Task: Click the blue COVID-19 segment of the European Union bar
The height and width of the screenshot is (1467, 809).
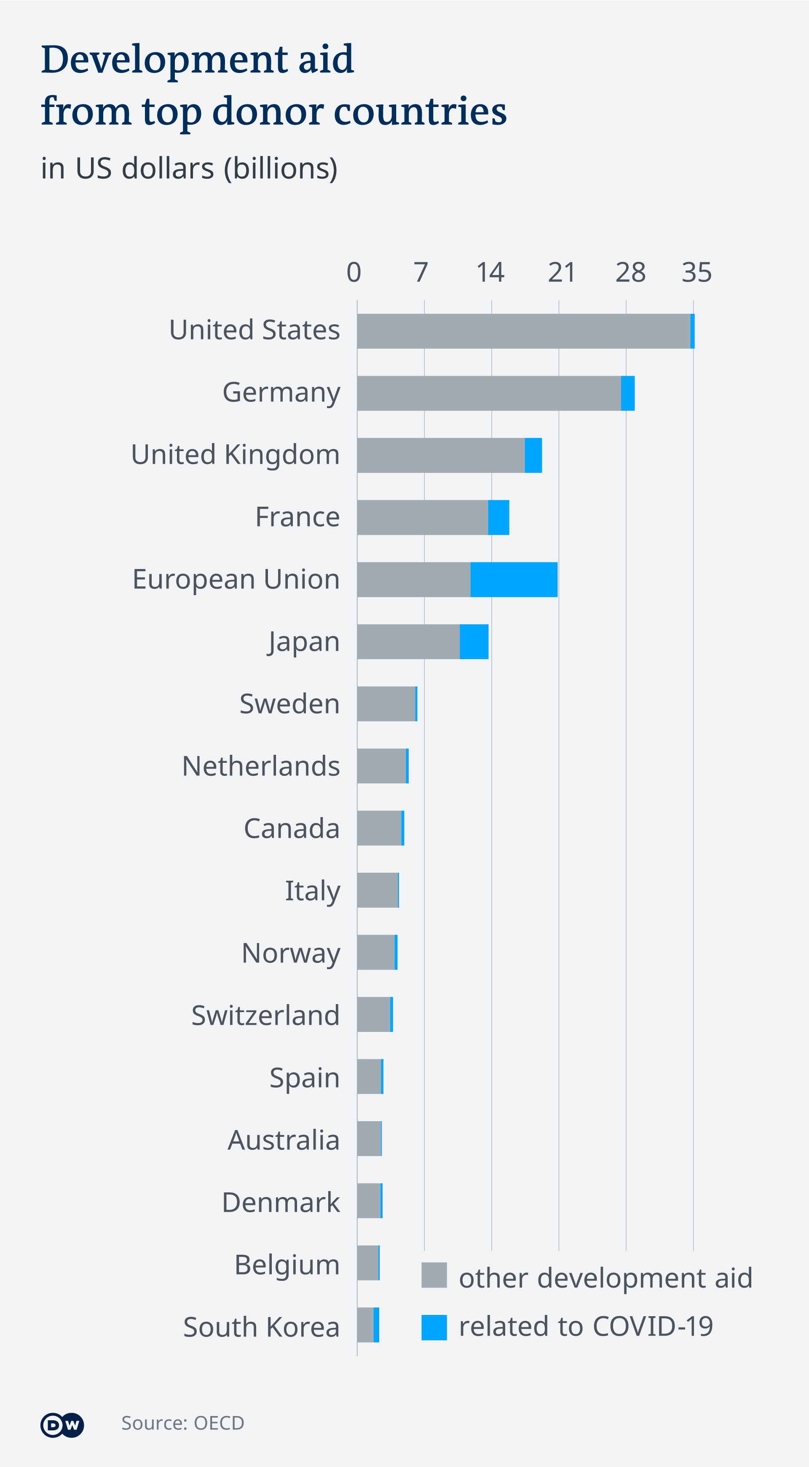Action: pos(514,580)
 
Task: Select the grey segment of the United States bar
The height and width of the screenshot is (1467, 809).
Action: pos(523,331)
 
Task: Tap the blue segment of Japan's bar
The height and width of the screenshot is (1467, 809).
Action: pos(474,642)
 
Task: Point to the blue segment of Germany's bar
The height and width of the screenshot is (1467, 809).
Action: pos(627,393)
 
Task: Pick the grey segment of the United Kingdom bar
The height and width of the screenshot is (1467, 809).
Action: pos(440,455)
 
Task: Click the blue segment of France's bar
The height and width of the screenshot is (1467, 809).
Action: pos(498,517)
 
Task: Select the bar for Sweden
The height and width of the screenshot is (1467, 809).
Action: pos(387,704)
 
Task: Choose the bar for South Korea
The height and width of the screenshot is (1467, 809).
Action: pos(368,1325)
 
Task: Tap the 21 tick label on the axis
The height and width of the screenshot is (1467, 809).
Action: pos(561,272)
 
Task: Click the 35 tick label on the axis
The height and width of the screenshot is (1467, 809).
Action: pos(697,272)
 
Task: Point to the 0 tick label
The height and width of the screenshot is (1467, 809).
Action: pos(354,272)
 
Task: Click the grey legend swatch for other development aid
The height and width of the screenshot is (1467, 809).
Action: pos(434,1275)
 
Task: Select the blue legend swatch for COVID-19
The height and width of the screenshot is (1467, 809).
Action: pos(434,1327)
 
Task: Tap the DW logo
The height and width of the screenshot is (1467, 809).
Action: pos(62,1425)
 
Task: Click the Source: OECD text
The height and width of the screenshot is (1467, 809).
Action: pos(182,1423)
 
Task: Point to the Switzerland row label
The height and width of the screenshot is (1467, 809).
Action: pos(265,1015)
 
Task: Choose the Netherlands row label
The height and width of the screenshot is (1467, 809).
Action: pos(261,767)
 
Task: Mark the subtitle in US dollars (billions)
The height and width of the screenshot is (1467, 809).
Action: pos(189,168)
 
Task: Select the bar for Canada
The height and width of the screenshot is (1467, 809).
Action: pos(380,828)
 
